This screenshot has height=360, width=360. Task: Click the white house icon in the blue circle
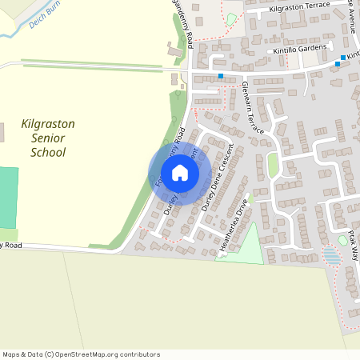coord(180,173)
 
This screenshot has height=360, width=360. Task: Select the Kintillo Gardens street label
coord(300,50)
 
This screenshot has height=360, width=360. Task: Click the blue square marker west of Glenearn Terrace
coord(221,76)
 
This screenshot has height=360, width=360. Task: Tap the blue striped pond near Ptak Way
coord(330,255)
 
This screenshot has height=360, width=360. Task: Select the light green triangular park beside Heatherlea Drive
coord(244,244)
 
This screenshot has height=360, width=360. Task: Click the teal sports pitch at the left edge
coord(8,196)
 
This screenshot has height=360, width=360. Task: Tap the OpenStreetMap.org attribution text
coord(116,354)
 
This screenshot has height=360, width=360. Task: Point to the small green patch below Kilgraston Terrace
coord(232,19)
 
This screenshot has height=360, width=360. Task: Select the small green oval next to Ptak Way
coord(342,240)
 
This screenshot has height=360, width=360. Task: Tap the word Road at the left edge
coord(11,245)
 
